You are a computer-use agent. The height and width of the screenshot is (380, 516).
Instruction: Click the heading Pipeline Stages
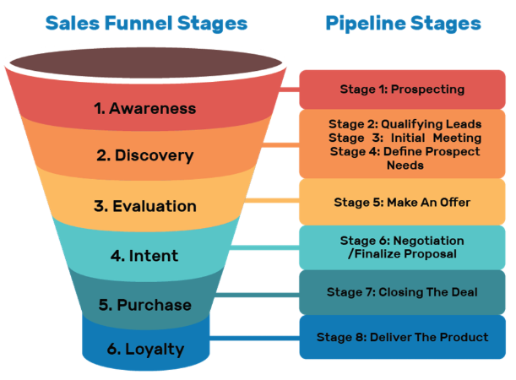402,23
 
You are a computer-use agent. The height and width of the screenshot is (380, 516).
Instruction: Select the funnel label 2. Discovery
144,155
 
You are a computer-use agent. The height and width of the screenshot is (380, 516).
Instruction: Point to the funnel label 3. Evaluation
144,206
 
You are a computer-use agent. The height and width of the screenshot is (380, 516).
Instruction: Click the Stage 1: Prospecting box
402,89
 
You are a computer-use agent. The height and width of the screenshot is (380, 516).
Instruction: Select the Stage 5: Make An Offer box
402,202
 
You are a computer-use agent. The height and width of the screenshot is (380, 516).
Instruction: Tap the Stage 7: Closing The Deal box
402,292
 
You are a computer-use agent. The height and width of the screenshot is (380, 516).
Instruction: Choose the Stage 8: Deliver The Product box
402,337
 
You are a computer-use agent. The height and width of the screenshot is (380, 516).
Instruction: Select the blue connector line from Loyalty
253,338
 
